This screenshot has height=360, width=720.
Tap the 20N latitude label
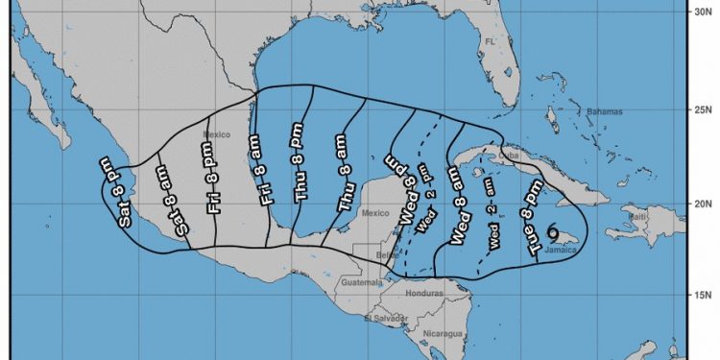click(x=704, y=204)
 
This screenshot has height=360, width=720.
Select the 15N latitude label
click(x=704, y=295)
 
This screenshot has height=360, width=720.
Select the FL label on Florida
click(x=489, y=42)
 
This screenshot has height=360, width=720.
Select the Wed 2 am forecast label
click(x=492, y=228)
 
